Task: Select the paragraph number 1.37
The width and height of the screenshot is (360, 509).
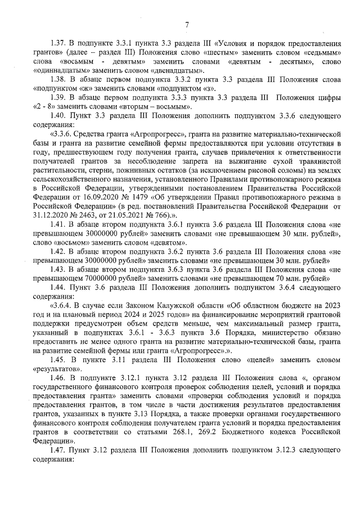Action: point(58,43)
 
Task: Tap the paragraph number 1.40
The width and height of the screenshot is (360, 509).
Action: point(58,116)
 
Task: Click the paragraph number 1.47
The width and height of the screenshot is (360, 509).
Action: point(58,450)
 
